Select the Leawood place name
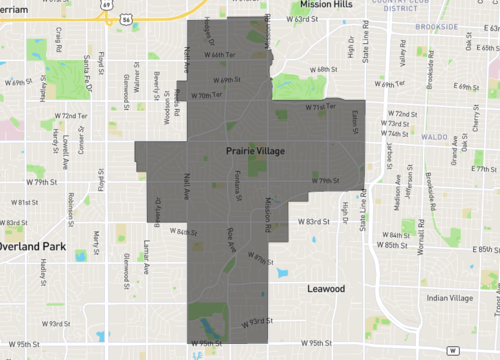tap(325, 288)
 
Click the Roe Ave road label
tap(231, 239)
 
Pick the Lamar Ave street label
tap(146, 256)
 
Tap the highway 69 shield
tap(104, 4)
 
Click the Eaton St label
tap(355, 120)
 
